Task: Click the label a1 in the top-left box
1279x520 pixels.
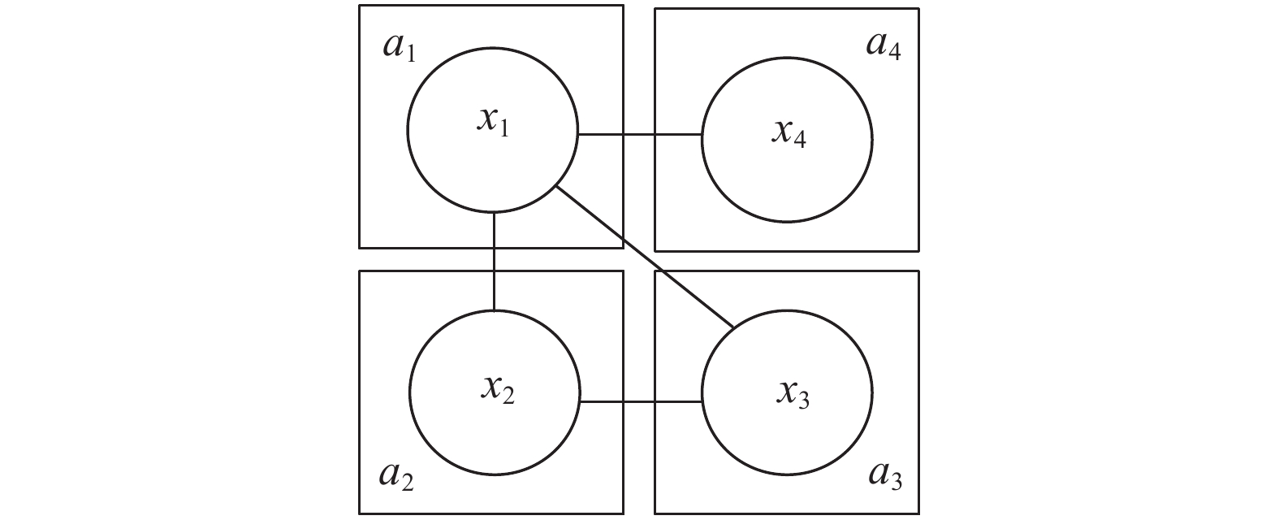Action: (399, 48)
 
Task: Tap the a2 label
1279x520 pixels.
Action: (396, 475)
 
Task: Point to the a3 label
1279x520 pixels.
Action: (885, 475)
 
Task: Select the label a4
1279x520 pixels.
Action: (884, 46)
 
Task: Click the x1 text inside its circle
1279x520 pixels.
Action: (493, 123)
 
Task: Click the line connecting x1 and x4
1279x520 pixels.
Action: (639, 134)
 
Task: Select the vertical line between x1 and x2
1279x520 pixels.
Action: (494, 260)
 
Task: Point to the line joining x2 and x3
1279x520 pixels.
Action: (642, 401)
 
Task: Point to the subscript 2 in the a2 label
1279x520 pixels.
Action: (407, 482)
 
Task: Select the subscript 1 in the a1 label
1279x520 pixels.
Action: (410, 54)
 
